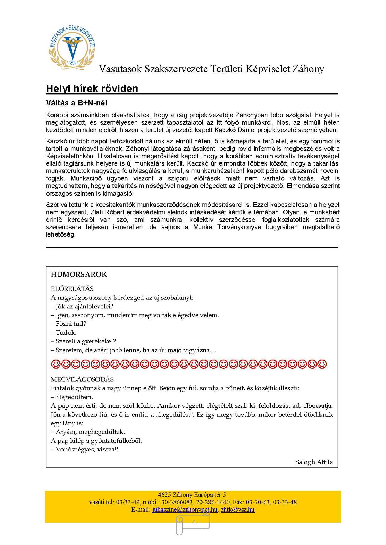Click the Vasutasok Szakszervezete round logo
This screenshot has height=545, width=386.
coord(72,48)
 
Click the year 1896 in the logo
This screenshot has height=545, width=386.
coord(73,62)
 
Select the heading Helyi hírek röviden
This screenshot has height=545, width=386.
coord(92,88)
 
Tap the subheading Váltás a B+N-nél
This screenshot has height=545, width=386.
coord(76,103)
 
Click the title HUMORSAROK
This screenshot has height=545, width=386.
coord(79,274)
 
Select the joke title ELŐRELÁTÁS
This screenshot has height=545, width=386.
coord(72,289)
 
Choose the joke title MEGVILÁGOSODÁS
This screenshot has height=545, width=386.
coord(82,379)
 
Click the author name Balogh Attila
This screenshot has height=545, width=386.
coord(313,462)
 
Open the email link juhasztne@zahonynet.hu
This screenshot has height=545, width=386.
coord(185,510)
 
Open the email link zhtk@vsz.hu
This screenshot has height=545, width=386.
coord(238,510)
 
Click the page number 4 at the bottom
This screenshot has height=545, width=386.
coord(194,522)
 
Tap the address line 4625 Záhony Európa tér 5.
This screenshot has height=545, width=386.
coord(192,495)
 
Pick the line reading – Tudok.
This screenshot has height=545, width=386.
coord(64,332)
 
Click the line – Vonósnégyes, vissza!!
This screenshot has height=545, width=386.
coord(84,449)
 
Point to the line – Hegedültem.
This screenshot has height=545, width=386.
coord(72,397)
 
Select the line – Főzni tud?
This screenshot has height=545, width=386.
coord(68,324)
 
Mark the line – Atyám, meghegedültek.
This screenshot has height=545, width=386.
coord(88,432)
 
